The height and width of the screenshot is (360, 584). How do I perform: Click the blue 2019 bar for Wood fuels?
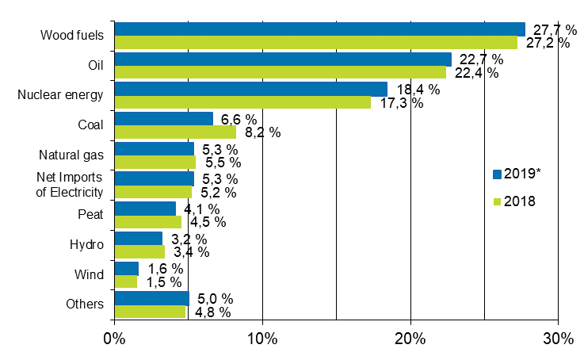click(x=319, y=29)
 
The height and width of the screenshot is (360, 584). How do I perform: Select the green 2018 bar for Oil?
click(x=280, y=73)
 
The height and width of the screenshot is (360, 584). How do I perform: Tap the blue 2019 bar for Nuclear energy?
click(x=250, y=89)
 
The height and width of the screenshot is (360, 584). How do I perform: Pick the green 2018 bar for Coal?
click(x=175, y=132)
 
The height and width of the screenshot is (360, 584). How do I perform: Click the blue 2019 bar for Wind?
click(x=127, y=269)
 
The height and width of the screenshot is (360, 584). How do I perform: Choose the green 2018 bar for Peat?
click(x=148, y=222)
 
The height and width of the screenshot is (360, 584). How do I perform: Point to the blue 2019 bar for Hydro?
click(x=139, y=238)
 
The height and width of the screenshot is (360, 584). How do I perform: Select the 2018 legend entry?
click(x=515, y=201)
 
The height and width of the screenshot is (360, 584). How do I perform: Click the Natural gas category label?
click(x=71, y=155)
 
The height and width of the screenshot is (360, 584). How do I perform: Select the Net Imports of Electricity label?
click(x=71, y=184)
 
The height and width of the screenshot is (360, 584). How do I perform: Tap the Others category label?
click(x=85, y=304)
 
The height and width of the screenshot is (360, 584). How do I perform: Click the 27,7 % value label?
click(x=552, y=29)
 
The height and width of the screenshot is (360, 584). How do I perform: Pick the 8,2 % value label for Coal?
click(x=261, y=132)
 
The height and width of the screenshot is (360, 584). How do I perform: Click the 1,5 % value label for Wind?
click(x=163, y=282)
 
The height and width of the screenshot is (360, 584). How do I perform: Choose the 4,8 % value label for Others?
click(x=212, y=312)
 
